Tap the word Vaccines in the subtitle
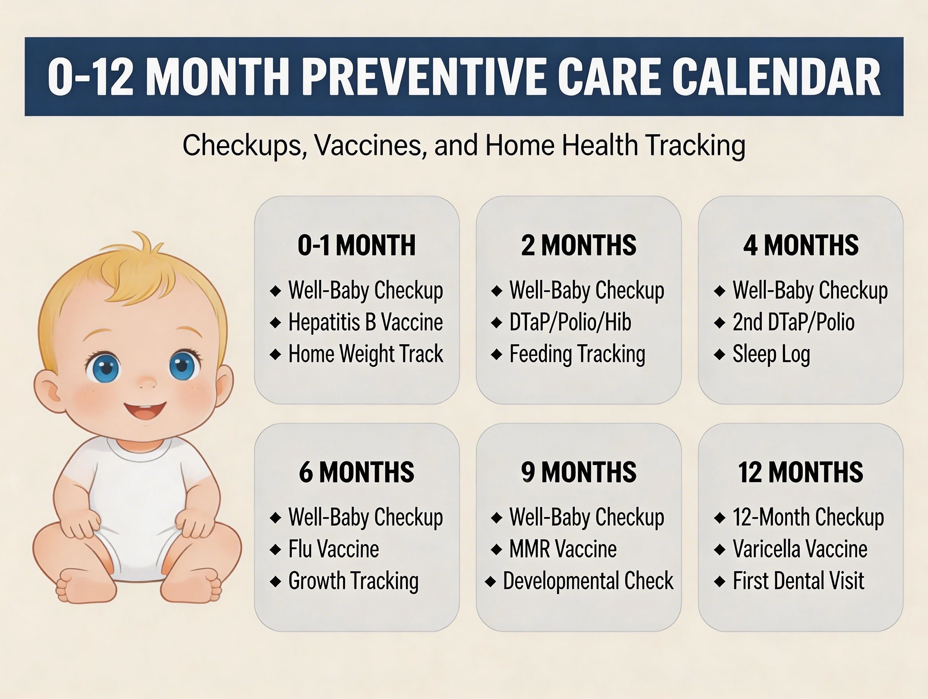[368, 145]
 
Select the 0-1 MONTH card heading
[356, 245]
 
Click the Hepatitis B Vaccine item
[365, 322]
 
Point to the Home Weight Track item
[365, 354]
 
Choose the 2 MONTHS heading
[578, 245]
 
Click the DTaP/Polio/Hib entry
[570, 322]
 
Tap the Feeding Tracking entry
[577, 354]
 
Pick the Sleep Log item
[771, 354]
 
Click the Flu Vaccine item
[333, 549]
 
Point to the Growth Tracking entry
[353, 581]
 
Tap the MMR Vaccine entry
[563, 549]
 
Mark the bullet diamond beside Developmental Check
[491, 581]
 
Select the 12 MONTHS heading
[800, 472]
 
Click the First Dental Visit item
[798, 581]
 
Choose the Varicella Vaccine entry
[800, 549]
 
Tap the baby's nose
[147, 382]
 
